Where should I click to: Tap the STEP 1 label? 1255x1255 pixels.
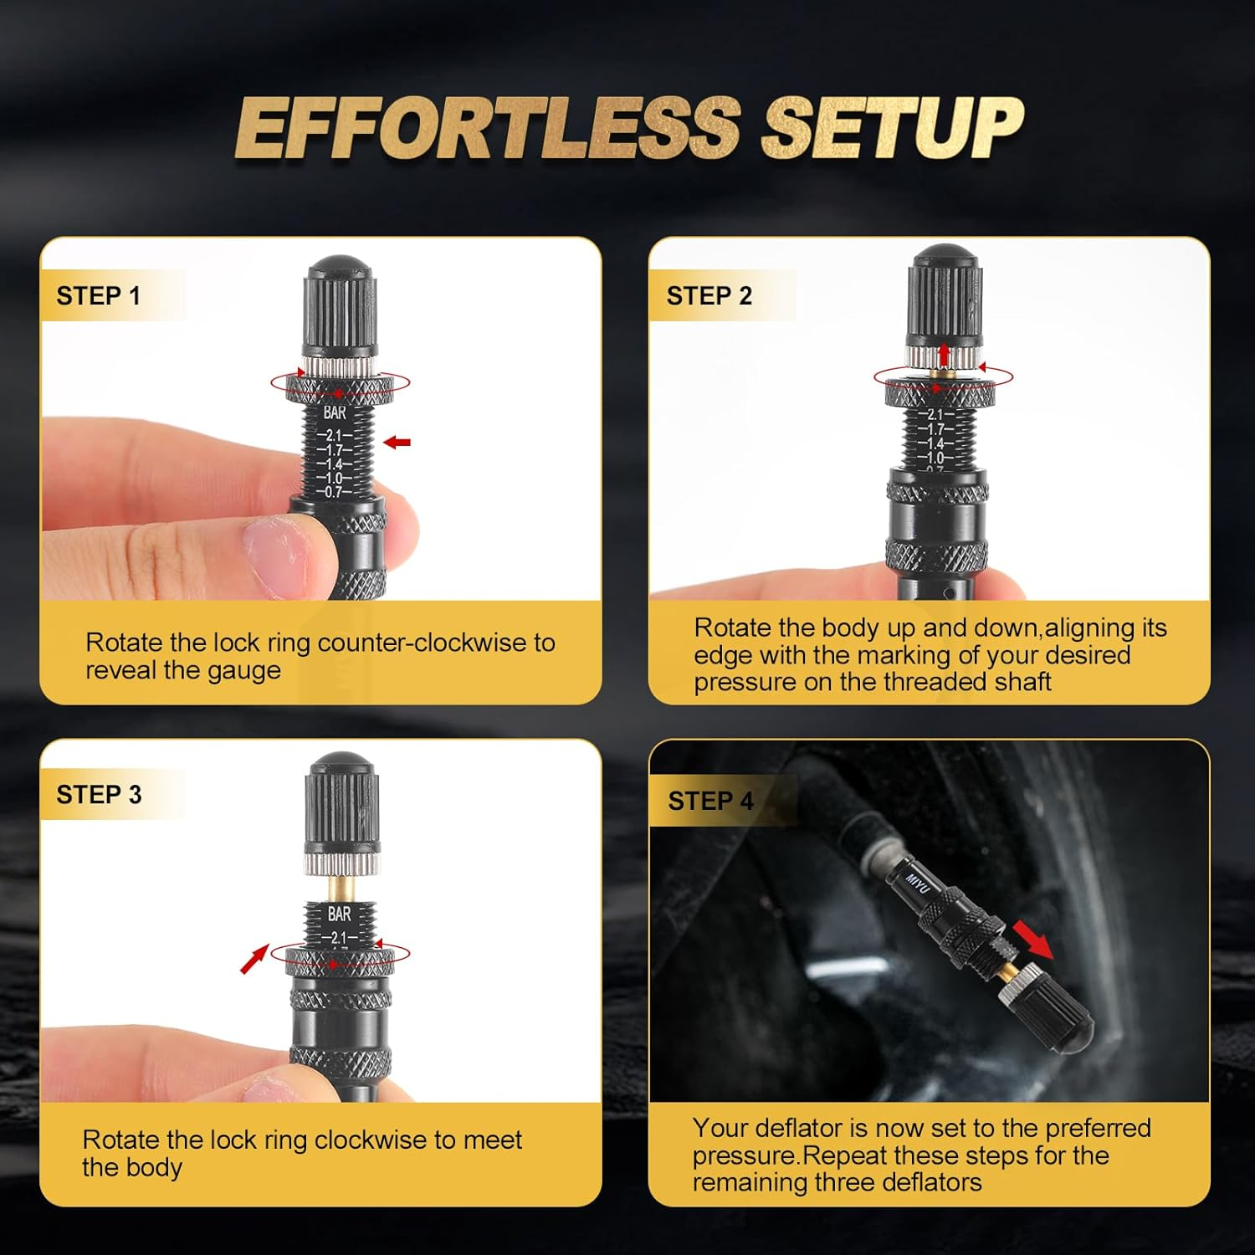[98, 296]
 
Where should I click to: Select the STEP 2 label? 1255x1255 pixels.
[709, 296]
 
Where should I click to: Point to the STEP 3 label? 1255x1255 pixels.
[99, 795]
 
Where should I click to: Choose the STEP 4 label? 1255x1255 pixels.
[710, 802]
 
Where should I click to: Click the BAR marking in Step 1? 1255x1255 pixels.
[335, 413]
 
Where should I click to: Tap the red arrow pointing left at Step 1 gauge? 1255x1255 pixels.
[397, 442]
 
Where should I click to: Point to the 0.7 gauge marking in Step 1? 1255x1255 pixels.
[333, 492]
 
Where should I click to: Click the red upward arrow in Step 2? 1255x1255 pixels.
[944, 354]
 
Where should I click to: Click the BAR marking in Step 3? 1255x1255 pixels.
[339, 914]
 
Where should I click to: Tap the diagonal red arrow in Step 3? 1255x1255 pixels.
[254, 959]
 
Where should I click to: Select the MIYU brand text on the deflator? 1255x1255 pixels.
[918, 884]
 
